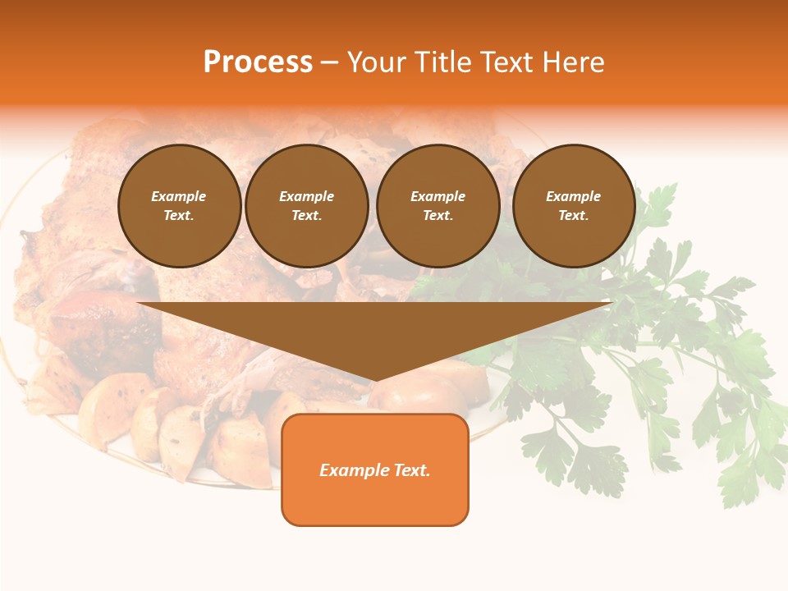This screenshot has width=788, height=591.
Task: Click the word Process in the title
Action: [258, 62]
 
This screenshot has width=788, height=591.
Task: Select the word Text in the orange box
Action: [411, 470]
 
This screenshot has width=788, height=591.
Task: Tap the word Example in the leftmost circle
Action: [178, 196]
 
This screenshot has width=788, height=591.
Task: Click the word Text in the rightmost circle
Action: [573, 215]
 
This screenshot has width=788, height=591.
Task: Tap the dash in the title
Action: [329, 62]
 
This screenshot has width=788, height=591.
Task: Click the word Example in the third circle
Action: [438, 196]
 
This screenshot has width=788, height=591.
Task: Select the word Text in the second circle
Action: [306, 215]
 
